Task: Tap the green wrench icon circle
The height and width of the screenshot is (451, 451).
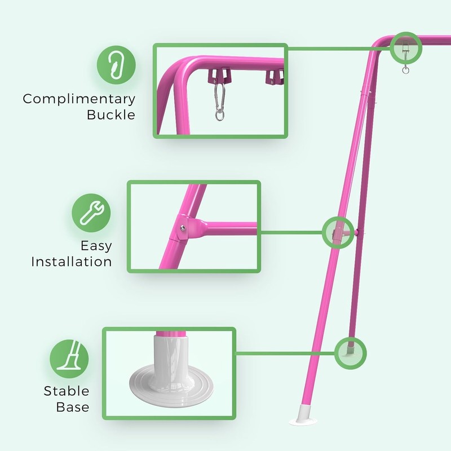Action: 91,214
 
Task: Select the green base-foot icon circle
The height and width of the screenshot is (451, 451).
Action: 69,359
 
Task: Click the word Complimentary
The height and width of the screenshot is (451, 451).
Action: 79,99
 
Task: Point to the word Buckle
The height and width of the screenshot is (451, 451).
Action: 111,115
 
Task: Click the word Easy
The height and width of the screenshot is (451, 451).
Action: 96,246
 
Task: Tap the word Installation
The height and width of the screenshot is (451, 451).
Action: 72,262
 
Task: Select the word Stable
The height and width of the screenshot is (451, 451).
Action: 67,391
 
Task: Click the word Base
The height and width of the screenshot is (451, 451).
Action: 73,406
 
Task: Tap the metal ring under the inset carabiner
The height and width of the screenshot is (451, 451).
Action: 219,117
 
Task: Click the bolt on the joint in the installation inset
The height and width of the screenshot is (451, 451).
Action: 181,227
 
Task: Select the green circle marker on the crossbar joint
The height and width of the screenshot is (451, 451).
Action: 338,232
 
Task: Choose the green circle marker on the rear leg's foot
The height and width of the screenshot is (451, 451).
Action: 350,353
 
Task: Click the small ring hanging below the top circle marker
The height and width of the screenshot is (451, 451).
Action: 405,70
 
